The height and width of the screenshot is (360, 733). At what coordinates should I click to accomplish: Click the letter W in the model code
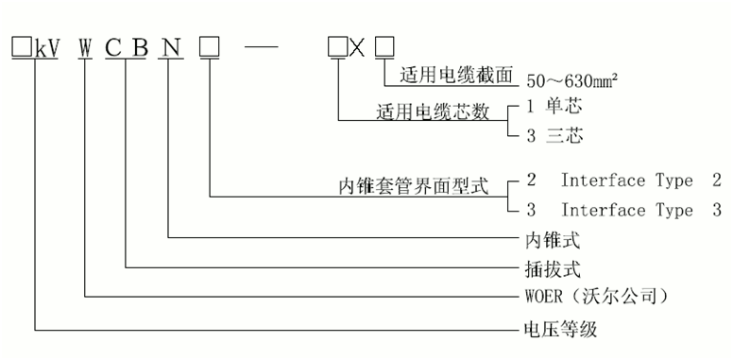[x=86, y=45]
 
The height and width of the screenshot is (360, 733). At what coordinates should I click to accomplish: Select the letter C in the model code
[x=112, y=45]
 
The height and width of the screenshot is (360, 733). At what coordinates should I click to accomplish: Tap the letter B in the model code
[x=138, y=45]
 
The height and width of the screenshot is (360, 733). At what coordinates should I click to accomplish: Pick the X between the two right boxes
[x=357, y=45]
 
